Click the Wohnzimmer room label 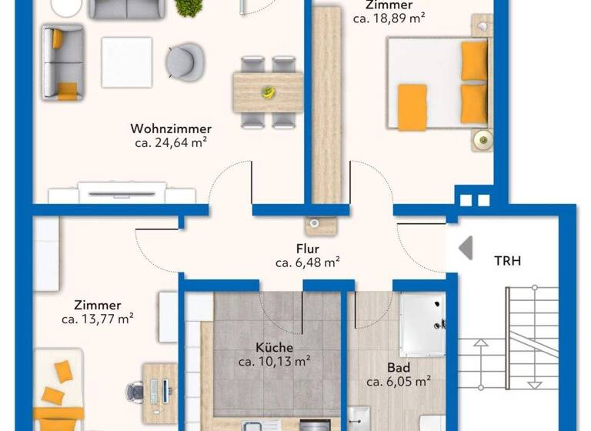tap(171, 129)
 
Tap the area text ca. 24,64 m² tap(171, 142)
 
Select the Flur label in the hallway tap(308, 249)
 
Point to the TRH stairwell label tap(507, 261)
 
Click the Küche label tap(275, 348)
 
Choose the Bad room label tap(398, 367)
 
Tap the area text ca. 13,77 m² tap(98, 319)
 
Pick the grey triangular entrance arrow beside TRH tap(465, 248)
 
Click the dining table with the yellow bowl tap(267, 92)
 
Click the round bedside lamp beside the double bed tap(482, 139)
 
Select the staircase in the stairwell tap(531, 339)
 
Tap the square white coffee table tap(127, 62)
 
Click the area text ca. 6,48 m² tap(308, 262)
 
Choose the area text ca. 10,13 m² tap(275, 361)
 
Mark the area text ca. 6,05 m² tap(398, 380)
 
